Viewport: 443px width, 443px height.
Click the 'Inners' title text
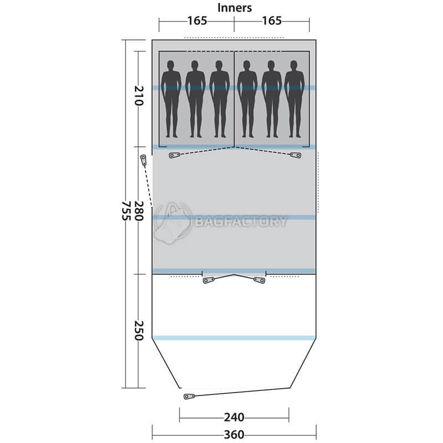click(x=234, y=8)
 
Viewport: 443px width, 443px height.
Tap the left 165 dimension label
click(x=197, y=20)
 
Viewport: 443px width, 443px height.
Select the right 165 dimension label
click(x=272, y=20)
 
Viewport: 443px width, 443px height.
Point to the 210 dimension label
click(x=139, y=95)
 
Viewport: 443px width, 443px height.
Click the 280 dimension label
click(x=139, y=211)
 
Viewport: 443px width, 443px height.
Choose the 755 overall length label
click(x=126, y=211)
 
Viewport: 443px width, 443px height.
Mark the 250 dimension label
click(x=139, y=331)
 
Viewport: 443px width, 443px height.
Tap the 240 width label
click(x=234, y=417)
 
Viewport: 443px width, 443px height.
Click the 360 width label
click(x=234, y=435)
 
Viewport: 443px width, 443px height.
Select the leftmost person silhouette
click(x=171, y=99)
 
